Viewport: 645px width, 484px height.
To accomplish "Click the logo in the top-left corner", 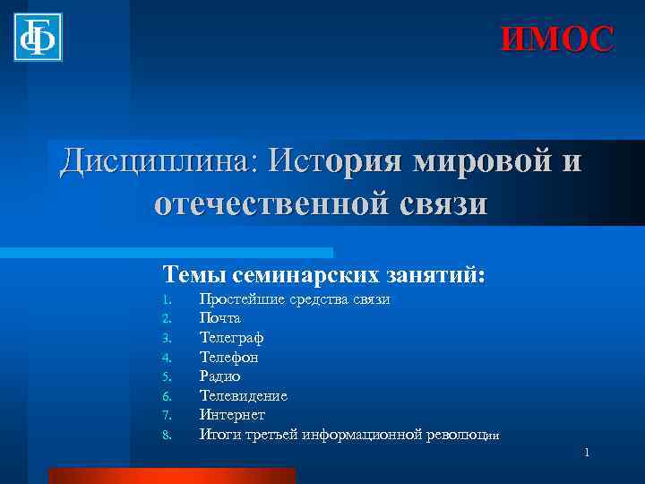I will (39, 37).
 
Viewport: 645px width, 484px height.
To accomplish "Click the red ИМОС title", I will (557, 39).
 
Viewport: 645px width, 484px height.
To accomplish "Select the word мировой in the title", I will (481, 162).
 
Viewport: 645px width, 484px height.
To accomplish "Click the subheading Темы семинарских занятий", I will (323, 273).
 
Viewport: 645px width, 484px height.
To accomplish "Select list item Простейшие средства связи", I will (294, 298).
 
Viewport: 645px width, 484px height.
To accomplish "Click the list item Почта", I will (219, 318).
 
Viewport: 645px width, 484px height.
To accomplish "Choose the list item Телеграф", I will (231, 338).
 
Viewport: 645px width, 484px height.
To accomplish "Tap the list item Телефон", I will (229, 357).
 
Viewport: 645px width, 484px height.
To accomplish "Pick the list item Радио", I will (219, 376).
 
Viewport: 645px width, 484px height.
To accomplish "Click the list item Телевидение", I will (243, 395).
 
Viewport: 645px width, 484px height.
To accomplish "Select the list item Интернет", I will (231, 415).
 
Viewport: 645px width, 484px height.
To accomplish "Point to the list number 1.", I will (166, 299).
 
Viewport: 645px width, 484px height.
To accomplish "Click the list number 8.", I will (166, 436).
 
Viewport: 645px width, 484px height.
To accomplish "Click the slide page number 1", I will (587, 454).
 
